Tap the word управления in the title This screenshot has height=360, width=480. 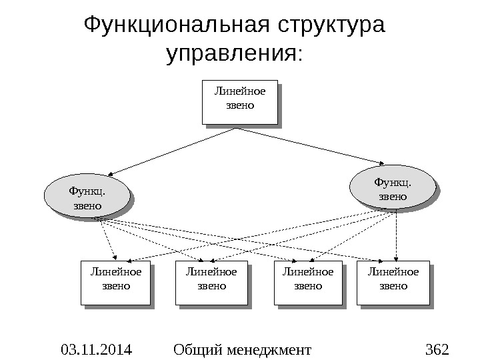click(229, 53)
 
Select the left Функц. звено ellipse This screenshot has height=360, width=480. click(86, 198)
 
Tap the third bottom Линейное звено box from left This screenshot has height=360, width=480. click(308, 283)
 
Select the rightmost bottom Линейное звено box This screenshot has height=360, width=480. click(393, 283)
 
